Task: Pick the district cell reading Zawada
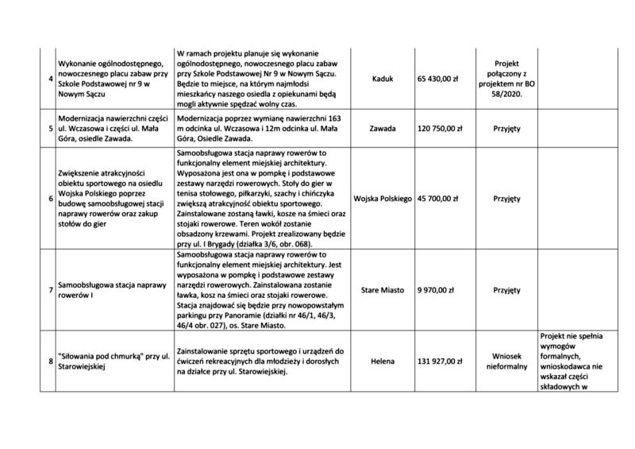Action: pyautogui.click(x=381, y=127)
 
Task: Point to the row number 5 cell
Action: pyautogui.click(x=50, y=127)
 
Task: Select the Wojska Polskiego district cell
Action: pyautogui.click(x=381, y=197)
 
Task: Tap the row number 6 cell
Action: pyautogui.click(x=50, y=197)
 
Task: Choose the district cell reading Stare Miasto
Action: pyautogui.click(x=381, y=291)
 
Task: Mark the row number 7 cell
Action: pyautogui.click(x=50, y=291)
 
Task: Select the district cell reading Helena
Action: pyautogui.click(x=381, y=361)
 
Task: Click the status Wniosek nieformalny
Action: pyautogui.click(x=506, y=361)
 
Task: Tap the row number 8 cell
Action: pyautogui.click(x=50, y=361)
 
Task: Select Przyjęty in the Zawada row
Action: pyautogui.click(x=506, y=127)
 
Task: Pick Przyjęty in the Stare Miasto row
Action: pyautogui.click(x=506, y=291)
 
